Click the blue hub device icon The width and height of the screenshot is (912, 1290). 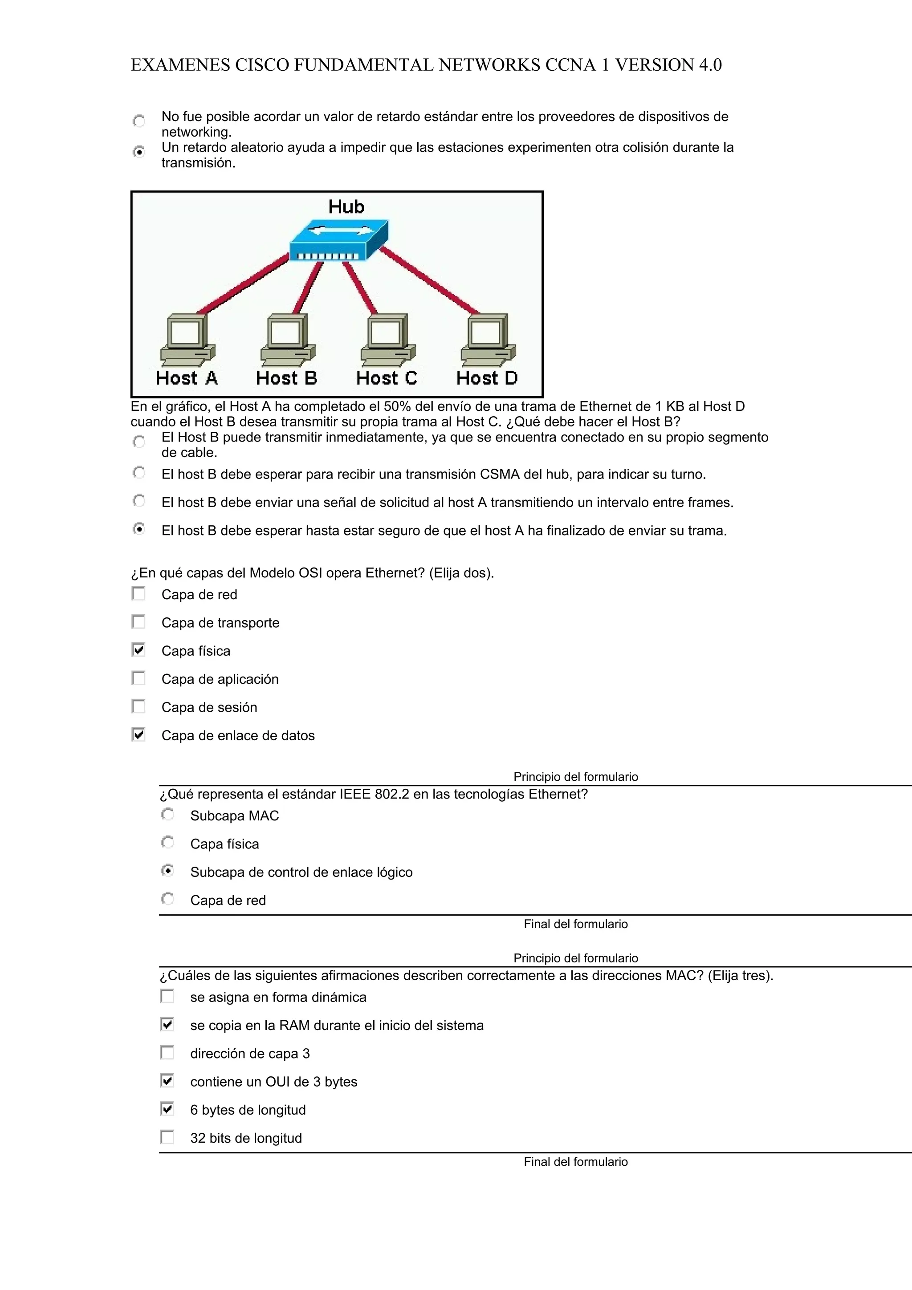click(338, 240)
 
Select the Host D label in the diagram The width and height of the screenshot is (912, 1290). click(487, 378)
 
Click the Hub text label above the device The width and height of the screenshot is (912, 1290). click(346, 207)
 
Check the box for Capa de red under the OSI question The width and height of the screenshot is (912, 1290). click(138, 594)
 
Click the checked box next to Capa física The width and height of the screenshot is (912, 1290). click(138, 650)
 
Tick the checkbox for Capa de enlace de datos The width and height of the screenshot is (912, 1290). click(138, 734)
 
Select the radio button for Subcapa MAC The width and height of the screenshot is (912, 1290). click(167, 814)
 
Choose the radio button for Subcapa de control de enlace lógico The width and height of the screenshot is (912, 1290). click(167, 871)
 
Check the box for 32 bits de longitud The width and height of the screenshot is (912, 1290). click(167, 1137)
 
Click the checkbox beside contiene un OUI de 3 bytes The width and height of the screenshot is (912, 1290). click(167, 1080)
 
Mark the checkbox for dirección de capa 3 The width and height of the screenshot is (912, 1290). click(167, 1052)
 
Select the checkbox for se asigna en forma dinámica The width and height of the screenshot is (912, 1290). click(167, 996)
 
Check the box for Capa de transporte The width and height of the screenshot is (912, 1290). click(138, 622)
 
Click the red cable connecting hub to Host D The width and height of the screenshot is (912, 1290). click(430, 281)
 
